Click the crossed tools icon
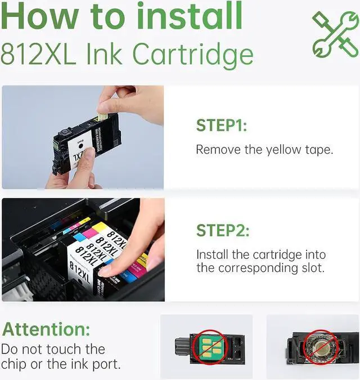(x=335, y=35)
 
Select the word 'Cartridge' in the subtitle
(x=193, y=56)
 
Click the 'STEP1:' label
(x=222, y=126)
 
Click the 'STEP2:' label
(x=223, y=230)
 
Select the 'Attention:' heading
(x=46, y=329)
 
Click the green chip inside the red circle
(x=210, y=347)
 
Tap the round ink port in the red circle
(x=319, y=347)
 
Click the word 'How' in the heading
(x=40, y=16)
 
